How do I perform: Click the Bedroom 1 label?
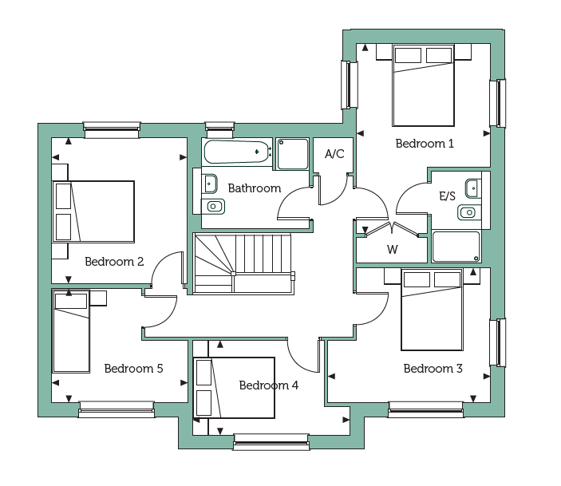tap(425, 144)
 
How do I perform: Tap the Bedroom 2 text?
tap(114, 262)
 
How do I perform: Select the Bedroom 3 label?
tap(433, 368)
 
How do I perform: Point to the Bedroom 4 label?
tap(269, 385)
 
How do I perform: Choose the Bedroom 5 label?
tap(134, 368)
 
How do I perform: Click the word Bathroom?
tap(255, 188)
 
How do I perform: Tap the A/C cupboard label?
tap(334, 154)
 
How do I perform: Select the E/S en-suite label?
tap(447, 196)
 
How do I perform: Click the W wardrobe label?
tap(393, 250)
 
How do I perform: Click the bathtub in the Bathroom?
tap(236, 152)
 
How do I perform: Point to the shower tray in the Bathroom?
tap(292, 154)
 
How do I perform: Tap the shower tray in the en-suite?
tap(456, 247)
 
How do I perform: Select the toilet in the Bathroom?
tap(213, 207)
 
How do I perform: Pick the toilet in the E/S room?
tap(469, 212)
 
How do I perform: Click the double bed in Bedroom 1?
tap(423, 85)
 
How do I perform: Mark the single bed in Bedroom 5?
tap(71, 331)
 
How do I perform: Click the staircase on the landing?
tap(243, 264)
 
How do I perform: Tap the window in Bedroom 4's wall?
tap(271, 441)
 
